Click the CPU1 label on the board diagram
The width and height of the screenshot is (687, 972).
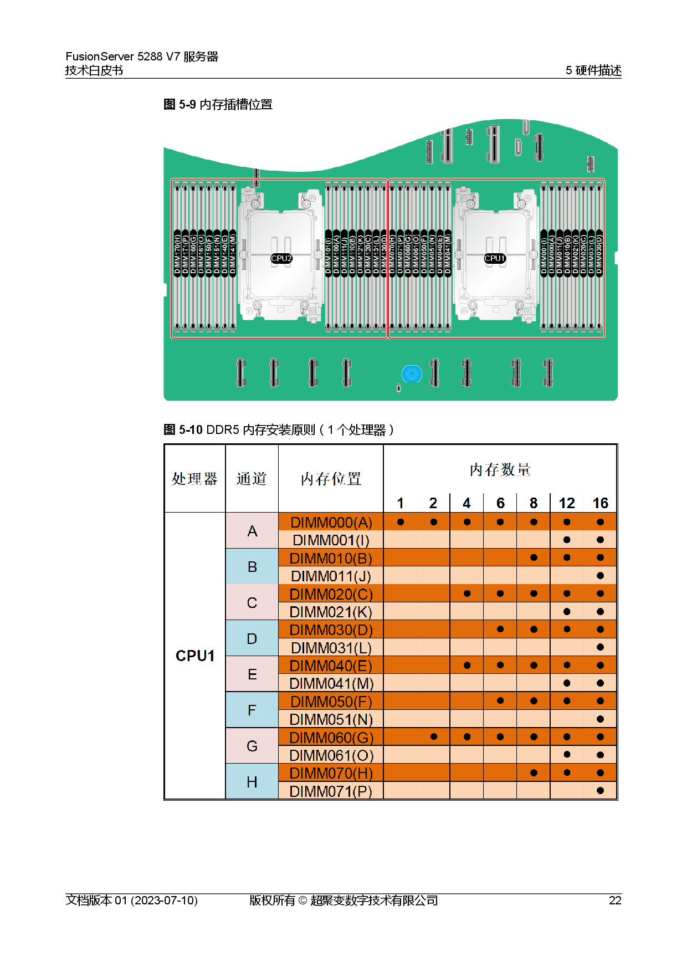[494, 258]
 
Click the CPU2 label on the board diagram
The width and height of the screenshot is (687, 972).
[281, 258]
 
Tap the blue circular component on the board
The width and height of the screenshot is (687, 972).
[412, 374]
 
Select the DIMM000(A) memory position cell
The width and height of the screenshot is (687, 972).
[331, 522]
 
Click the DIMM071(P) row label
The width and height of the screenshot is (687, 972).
[331, 791]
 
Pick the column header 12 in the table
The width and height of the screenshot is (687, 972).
[567, 503]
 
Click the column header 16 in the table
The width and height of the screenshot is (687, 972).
[600, 503]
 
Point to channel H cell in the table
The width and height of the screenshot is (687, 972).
[252, 782]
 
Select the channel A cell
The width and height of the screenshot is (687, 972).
[252, 531]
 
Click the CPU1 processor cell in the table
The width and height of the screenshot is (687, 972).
[195, 656]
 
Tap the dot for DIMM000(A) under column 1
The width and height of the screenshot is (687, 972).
[401, 522]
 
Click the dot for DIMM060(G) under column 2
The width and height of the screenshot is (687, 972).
[434, 736]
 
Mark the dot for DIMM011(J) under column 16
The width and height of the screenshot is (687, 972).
[600, 576]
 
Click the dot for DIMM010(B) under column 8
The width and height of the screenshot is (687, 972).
[534, 557]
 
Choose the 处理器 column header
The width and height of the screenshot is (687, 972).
[194, 479]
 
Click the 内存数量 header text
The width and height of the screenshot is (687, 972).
[500, 470]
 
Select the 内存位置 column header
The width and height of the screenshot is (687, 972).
[331, 479]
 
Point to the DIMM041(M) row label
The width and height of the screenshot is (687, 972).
[331, 683]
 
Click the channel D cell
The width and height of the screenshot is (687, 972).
[252, 638]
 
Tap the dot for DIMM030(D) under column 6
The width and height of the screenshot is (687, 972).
[500, 629]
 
